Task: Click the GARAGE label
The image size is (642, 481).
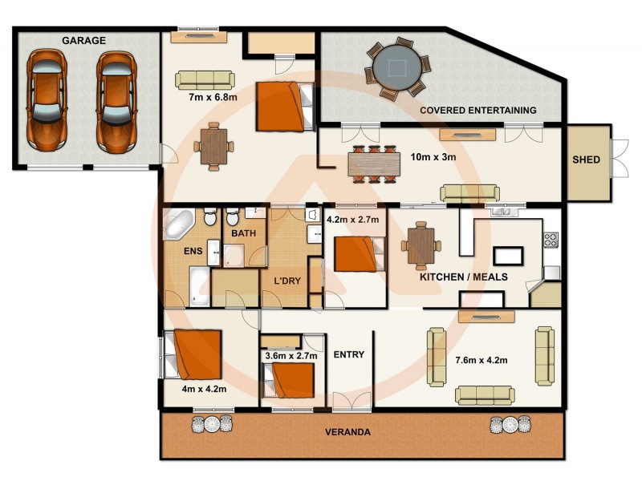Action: click(84, 40)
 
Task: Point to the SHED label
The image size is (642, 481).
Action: click(586, 160)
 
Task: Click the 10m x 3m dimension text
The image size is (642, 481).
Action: click(433, 157)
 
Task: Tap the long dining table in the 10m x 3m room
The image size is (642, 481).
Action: click(373, 164)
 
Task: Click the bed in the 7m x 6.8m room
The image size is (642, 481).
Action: click(283, 106)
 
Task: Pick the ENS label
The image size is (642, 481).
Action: click(193, 251)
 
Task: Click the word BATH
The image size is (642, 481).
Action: click(243, 233)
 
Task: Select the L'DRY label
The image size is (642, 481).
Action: click(286, 281)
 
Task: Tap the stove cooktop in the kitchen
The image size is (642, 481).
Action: click(551, 239)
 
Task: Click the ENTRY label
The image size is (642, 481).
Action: click(348, 354)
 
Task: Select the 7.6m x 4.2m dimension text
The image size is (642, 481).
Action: click(481, 360)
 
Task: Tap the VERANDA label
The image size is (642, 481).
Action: click(347, 432)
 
